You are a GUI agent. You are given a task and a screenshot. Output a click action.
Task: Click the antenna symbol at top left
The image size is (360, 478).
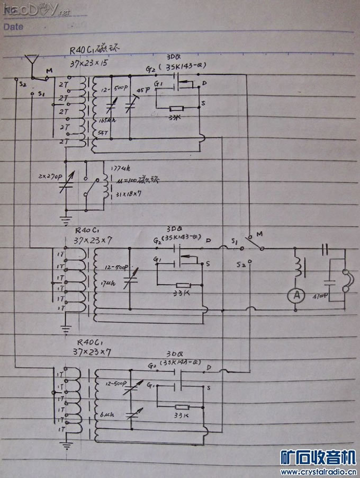pos(32,63)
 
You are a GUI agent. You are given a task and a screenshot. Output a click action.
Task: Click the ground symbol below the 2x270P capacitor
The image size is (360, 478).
pos(65,217)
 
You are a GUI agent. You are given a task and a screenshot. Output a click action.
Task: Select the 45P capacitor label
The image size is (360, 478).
pos(143,91)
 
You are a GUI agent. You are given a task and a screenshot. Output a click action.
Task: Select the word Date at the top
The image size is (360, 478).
pos(13,26)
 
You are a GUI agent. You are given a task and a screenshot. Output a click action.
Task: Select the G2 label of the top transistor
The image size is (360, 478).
pos(150,69)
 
